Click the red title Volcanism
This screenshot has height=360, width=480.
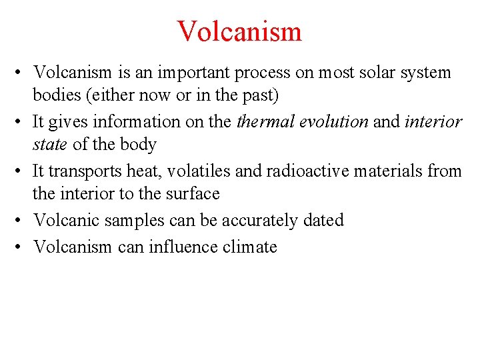[x=239, y=31]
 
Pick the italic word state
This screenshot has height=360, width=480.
[x=49, y=145]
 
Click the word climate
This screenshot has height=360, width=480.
[x=251, y=247]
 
